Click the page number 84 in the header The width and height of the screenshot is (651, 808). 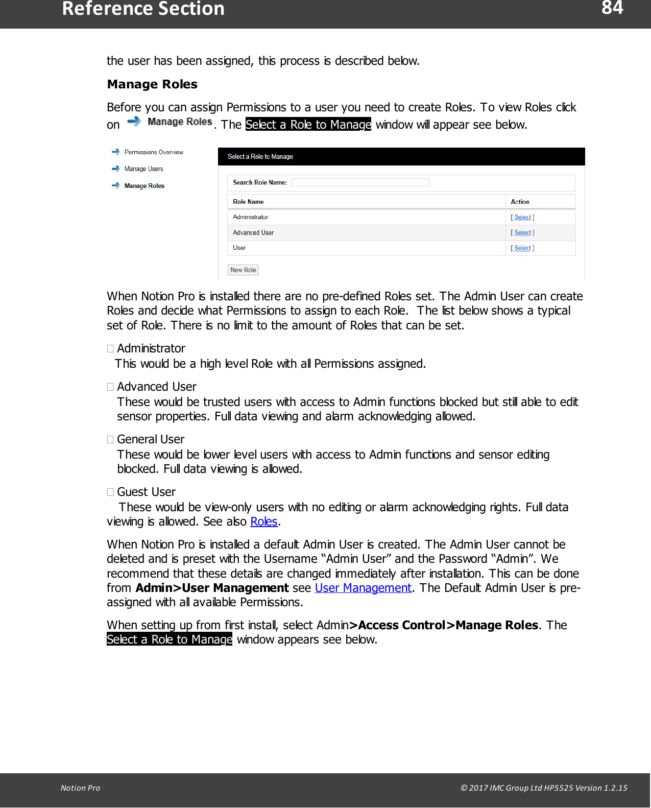pyautogui.click(x=612, y=8)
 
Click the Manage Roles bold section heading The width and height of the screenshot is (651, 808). pyautogui.click(x=152, y=84)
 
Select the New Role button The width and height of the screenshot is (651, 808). pyautogui.click(x=243, y=270)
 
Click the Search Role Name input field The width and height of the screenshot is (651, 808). pyautogui.click(x=360, y=182)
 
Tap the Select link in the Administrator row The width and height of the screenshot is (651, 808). pyautogui.click(x=522, y=217)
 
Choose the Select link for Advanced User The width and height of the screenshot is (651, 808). pyautogui.click(x=522, y=232)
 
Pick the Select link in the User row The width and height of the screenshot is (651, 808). pyautogui.click(x=522, y=248)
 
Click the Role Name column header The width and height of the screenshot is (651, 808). pyautogui.click(x=248, y=202)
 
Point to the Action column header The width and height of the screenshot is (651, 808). pyautogui.click(x=520, y=202)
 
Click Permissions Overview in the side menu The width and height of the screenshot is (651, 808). pyautogui.click(x=153, y=152)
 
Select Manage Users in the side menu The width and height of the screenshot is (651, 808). pyautogui.click(x=143, y=169)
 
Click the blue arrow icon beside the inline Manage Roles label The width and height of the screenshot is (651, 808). pyautogui.click(x=134, y=122)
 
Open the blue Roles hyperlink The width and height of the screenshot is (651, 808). pyautogui.click(x=263, y=521)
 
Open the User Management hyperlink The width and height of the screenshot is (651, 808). pyautogui.click(x=363, y=588)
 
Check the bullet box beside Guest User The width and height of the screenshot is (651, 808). pyautogui.click(x=110, y=492)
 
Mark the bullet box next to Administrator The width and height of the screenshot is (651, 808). pyautogui.click(x=110, y=348)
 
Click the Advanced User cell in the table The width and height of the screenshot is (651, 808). pyautogui.click(x=253, y=232)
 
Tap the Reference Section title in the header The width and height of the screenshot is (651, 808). pyautogui.click(x=143, y=9)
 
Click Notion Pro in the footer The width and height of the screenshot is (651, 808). pyautogui.click(x=80, y=788)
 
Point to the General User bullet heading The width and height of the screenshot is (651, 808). pyautogui.click(x=151, y=439)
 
